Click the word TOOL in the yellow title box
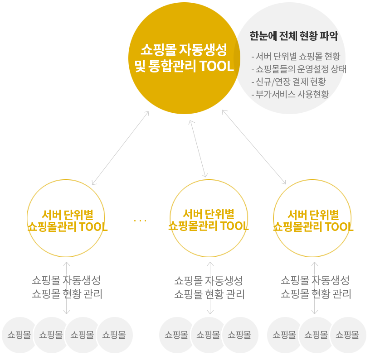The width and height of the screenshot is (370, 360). (x=216, y=67)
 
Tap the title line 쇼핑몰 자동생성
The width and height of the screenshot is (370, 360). (x=184, y=48)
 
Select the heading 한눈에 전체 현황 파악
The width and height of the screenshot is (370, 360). (x=293, y=36)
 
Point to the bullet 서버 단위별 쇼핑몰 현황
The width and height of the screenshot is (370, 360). (x=295, y=57)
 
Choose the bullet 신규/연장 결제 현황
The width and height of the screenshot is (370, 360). (x=288, y=82)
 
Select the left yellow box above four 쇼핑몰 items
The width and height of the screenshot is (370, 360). (x=66, y=218)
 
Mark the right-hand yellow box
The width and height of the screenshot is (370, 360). (x=312, y=218)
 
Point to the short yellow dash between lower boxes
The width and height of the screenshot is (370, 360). (x=140, y=221)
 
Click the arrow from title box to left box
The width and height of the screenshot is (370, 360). (x=120, y=148)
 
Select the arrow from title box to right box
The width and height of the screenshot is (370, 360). (x=254, y=147)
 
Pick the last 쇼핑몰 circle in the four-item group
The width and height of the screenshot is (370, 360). (x=114, y=335)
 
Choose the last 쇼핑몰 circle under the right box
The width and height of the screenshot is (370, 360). (x=347, y=335)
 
